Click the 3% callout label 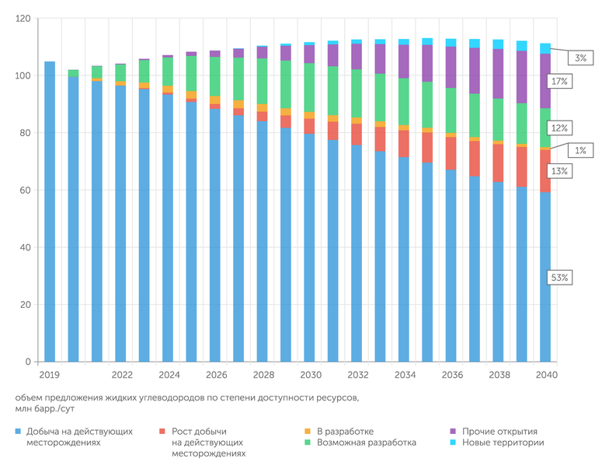coord(581,58)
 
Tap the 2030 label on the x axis coord(311,375)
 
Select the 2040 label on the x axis coord(546,375)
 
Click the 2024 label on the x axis coord(169,375)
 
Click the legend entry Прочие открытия coord(499,431)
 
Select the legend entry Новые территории coord(503,442)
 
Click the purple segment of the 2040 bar coord(546,81)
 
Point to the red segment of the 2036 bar coord(451,153)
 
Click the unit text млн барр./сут coord(46,408)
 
